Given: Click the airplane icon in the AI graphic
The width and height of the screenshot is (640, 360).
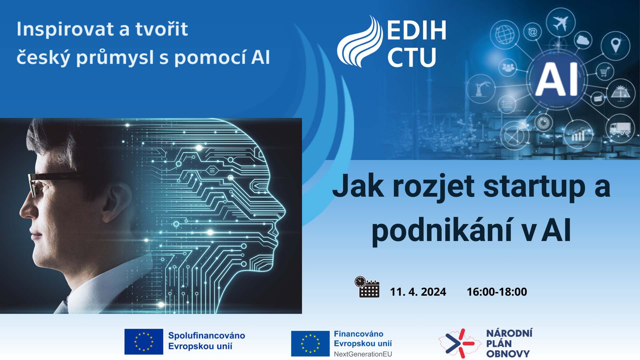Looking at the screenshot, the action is [x=560, y=23].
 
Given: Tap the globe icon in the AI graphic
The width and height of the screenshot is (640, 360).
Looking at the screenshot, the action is [x=505, y=35].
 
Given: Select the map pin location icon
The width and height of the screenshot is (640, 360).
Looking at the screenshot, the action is [x=615, y=45].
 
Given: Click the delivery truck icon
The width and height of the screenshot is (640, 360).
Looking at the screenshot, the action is [x=620, y=128].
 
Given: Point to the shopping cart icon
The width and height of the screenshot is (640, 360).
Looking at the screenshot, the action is [x=605, y=71].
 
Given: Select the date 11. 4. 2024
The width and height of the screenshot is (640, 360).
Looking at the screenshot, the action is [x=418, y=292].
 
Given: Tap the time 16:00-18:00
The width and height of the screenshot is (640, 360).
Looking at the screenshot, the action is [x=497, y=292].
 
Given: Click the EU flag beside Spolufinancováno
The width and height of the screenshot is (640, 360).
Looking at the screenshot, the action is [x=144, y=342].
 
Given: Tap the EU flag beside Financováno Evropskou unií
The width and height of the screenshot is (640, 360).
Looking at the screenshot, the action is [x=310, y=344].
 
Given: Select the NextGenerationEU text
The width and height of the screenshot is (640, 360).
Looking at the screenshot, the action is [x=363, y=354].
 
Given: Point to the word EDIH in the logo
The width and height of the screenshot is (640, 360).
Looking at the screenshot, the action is [x=417, y=30].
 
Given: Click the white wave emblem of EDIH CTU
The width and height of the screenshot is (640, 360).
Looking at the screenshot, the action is [x=360, y=41].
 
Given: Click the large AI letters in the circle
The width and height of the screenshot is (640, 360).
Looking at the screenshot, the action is [x=557, y=80].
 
